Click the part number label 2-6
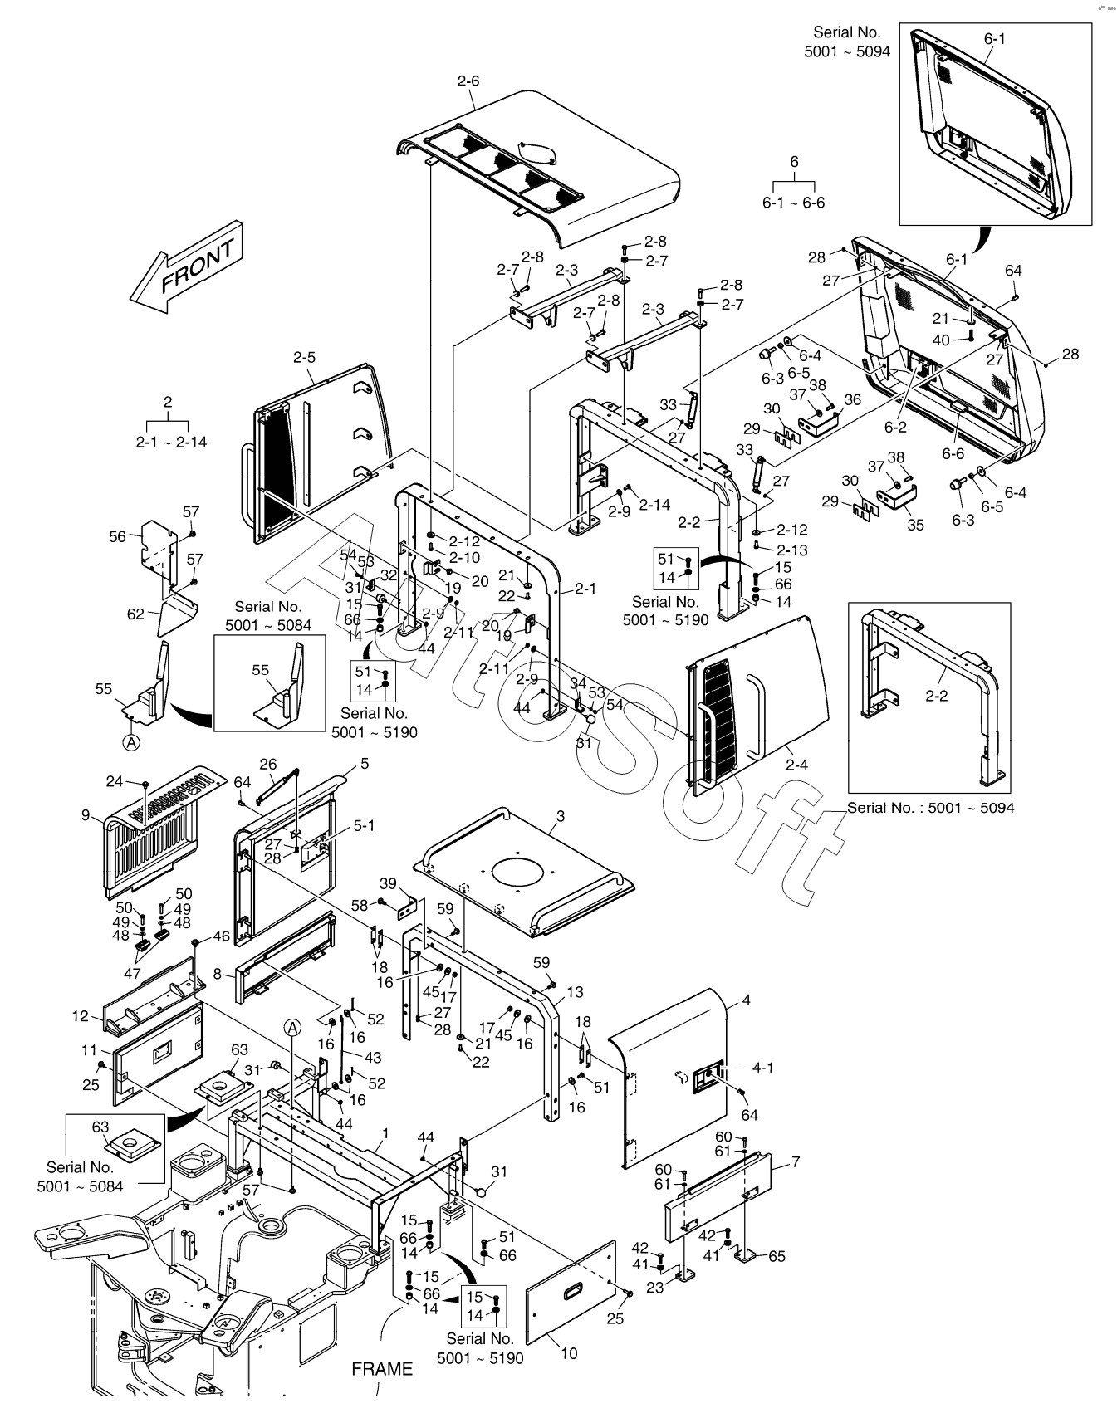coord(468,81)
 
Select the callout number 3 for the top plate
coord(560,816)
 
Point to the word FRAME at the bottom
coord(382,1369)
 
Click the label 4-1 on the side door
coord(762,1068)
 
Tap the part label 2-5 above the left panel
coord(304,358)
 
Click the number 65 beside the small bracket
coord(777,1256)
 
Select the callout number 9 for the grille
coord(86,815)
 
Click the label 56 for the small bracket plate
coord(118,536)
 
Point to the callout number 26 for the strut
coord(268,764)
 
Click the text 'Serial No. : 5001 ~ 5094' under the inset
coord(931,807)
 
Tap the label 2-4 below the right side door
coord(796,765)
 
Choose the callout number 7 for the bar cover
coord(795,1161)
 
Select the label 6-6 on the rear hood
coord(953,453)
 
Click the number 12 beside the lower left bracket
coord(81,1016)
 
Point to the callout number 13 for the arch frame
coord(575,992)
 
